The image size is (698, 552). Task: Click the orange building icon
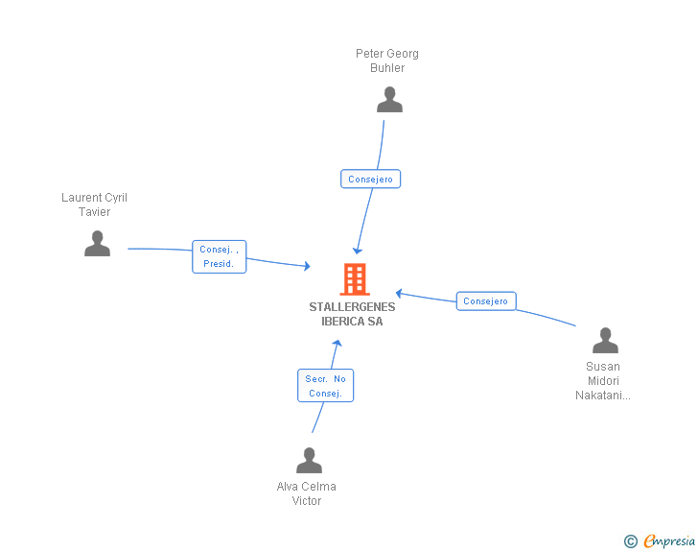click(355, 279)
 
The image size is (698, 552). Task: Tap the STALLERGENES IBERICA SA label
click(352, 314)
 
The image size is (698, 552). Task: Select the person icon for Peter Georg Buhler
click(389, 100)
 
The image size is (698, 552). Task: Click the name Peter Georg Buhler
click(387, 60)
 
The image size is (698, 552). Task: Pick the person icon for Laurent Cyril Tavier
click(97, 244)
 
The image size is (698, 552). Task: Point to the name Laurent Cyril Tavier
click(94, 204)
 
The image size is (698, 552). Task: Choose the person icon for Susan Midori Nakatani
click(605, 340)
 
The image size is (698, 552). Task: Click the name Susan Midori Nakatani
click(603, 381)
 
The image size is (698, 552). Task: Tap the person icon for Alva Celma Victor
click(309, 460)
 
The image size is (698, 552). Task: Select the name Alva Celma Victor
click(306, 493)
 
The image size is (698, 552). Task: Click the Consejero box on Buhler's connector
click(370, 179)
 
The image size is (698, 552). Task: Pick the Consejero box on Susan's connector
click(486, 301)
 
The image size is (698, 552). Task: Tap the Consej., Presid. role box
click(219, 257)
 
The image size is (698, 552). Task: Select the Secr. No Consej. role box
click(325, 386)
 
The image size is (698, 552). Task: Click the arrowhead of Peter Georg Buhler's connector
click(357, 251)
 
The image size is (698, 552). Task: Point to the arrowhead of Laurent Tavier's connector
click(307, 266)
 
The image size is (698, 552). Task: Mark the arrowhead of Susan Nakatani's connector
click(399, 293)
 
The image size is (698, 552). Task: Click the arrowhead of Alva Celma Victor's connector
click(337, 343)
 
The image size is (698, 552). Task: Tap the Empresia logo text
click(669, 541)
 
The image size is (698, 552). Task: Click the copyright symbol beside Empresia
click(631, 541)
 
